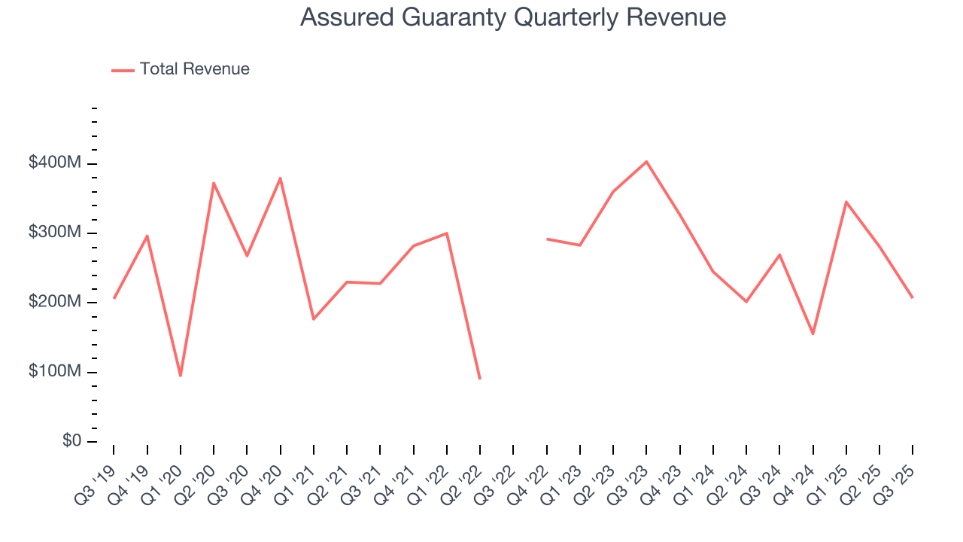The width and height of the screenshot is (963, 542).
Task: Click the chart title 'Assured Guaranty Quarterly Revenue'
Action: pos(513,17)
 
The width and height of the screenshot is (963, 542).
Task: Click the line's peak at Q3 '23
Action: pos(646,162)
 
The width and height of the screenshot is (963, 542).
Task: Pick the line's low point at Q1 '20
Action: pos(181,375)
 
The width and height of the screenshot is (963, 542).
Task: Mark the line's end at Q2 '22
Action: pos(480,379)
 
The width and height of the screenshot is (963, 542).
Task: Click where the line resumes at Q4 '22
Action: pos(547,239)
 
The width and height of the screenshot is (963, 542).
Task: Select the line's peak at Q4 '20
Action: pos(281,178)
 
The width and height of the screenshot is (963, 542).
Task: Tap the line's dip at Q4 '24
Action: pos(813,333)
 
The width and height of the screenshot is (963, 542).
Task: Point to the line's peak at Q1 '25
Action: pos(846,202)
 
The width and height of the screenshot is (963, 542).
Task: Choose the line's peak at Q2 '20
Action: pos(214,183)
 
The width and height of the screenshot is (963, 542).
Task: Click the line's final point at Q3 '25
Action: pos(913,297)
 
